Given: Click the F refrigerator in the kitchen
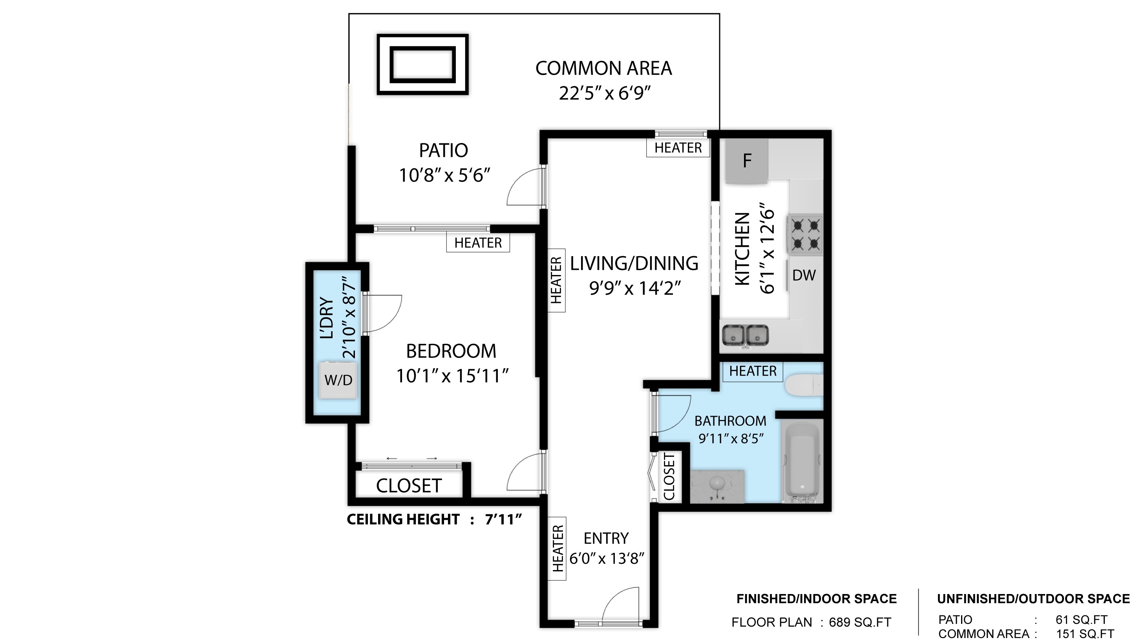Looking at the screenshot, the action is (x=746, y=160).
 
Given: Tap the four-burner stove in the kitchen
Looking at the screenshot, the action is (x=805, y=235).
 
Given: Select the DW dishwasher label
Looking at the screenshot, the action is (x=804, y=275).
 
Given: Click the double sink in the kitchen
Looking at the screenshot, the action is (x=745, y=335).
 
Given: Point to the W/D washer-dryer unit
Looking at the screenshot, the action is (x=338, y=380).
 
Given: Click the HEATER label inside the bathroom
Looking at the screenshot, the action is (x=753, y=371).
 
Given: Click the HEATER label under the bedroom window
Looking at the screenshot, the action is (x=478, y=243).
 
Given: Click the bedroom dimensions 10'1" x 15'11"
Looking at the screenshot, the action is (x=452, y=376).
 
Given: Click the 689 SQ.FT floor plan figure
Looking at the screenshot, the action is (x=860, y=622).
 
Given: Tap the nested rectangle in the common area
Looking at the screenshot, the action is (x=422, y=64).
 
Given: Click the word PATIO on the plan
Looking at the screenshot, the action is (x=443, y=150).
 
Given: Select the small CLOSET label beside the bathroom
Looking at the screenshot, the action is (x=669, y=477).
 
